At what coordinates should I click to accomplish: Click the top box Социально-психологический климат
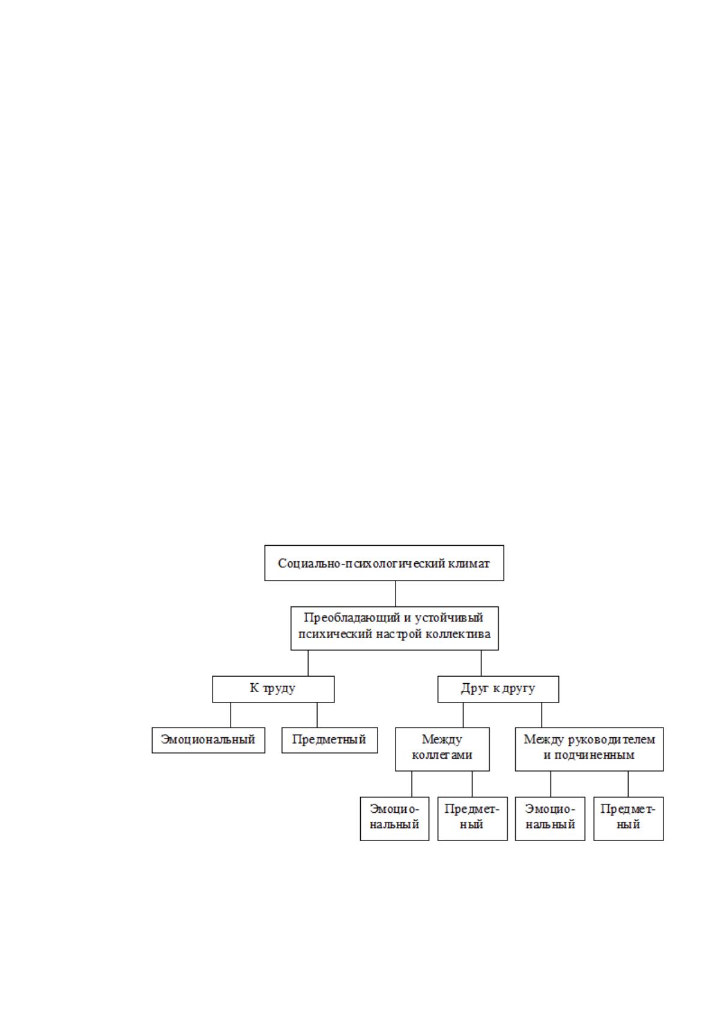click(384, 563)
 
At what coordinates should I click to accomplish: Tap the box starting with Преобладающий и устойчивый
click(394, 628)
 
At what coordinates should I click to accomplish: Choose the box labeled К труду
click(273, 689)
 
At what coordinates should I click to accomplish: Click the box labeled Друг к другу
click(498, 689)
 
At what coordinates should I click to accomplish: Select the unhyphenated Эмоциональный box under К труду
click(208, 740)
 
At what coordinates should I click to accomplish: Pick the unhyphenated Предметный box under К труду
click(330, 740)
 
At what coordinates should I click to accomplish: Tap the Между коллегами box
click(442, 749)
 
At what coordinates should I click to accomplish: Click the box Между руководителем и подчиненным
click(590, 749)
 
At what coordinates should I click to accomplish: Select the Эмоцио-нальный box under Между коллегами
click(394, 819)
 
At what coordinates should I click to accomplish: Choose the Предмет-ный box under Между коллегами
click(472, 819)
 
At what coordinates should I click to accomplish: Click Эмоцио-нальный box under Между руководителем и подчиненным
click(551, 819)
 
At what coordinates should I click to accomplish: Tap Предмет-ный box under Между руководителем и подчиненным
click(629, 819)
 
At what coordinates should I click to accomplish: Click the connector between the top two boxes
click(396, 594)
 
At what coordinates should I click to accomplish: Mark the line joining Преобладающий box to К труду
click(309, 663)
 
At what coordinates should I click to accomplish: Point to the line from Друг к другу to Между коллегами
click(463, 715)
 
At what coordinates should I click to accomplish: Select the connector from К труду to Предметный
click(317, 715)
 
